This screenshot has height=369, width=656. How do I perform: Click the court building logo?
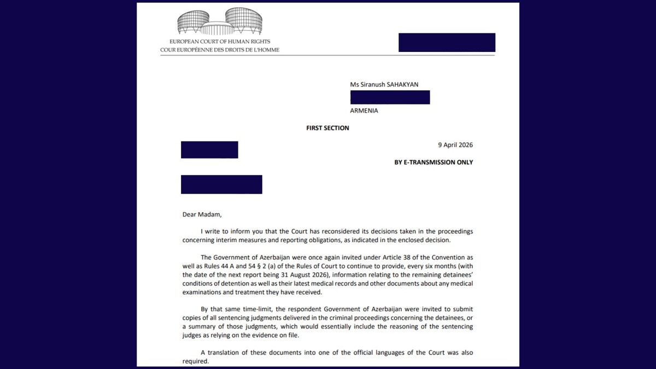pyautogui.click(x=220, y=21)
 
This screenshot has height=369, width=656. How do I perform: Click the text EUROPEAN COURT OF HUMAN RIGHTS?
pyautogui.click(x=220, y=42)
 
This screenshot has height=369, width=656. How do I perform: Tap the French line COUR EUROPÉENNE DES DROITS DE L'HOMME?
pyautogui.click(x=220, y=50)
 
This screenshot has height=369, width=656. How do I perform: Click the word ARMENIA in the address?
pyautogui.click(x=364, y=110)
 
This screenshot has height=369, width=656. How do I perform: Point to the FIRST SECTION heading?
pyautogui.click(x=327, y=128)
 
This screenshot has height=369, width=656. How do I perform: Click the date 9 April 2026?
pyautogui.click(x=455, y=145)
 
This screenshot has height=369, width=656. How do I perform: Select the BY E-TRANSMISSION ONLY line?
pyautogui.click(x=434, y=162)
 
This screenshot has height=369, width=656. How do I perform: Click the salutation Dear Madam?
pyautogui.click(x=202, y=214)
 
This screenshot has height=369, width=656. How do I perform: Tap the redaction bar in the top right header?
pyautogui.click(x=447, y=43)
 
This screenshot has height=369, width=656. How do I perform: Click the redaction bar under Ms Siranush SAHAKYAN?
pyautogui.click(x=390, y=97)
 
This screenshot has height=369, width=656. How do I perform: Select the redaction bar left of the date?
pyautogui.click(x=209, y=150)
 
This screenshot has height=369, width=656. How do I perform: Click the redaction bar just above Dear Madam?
pyautogui.click(x=221, y=184)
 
